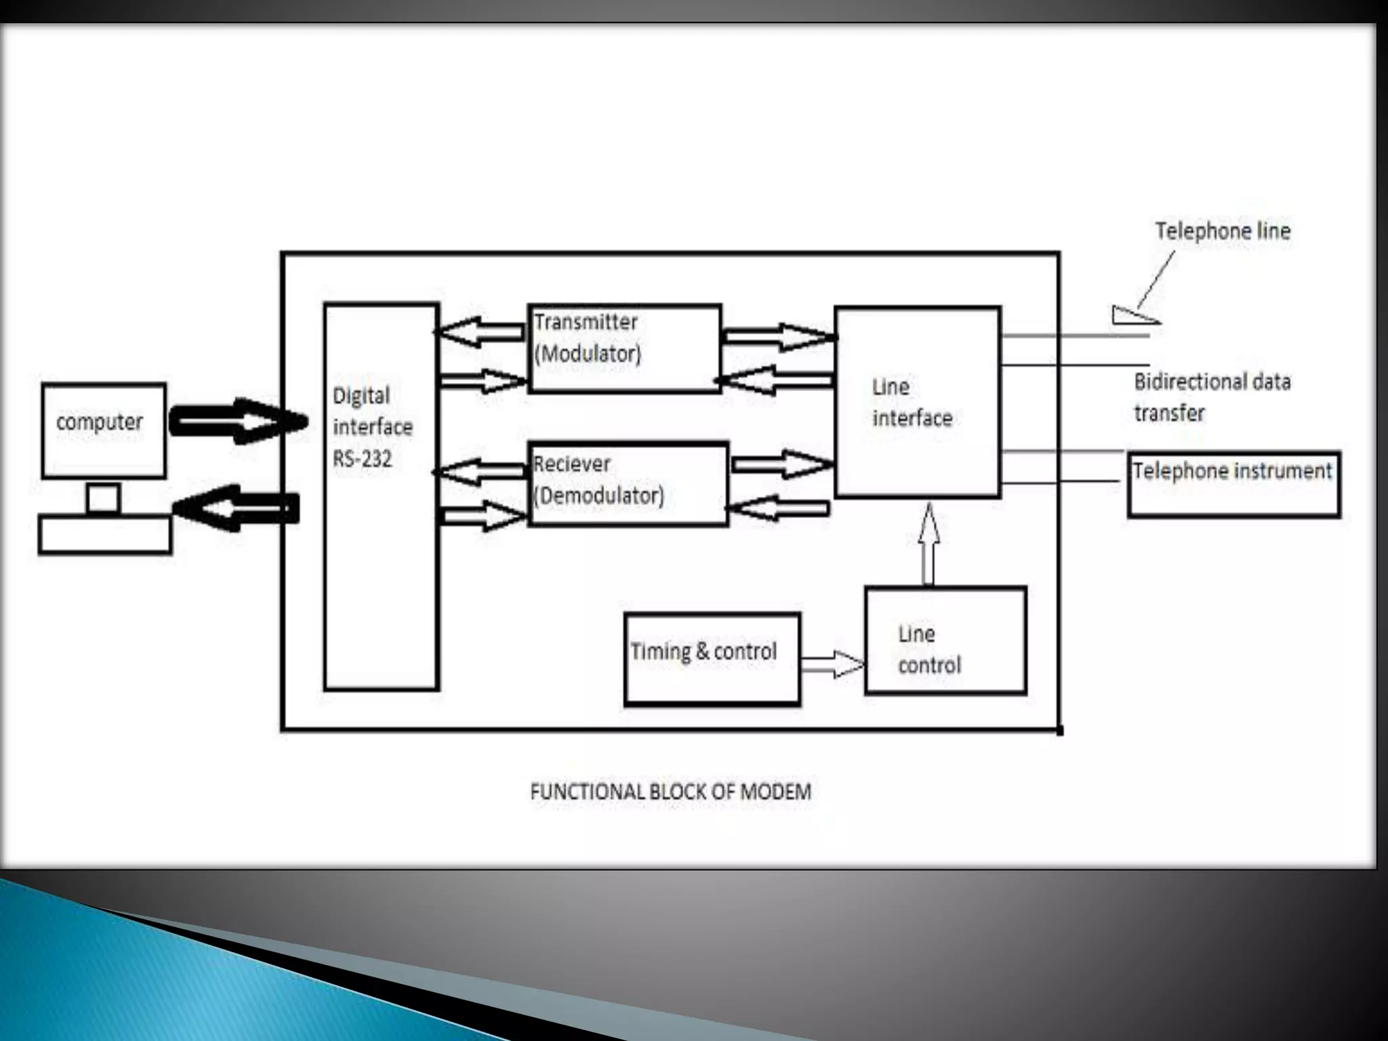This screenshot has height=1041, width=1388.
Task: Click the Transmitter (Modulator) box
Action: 624,348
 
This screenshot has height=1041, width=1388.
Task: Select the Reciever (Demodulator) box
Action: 628,484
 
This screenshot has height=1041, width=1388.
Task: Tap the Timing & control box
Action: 712,659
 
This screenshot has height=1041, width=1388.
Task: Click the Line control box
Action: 945,641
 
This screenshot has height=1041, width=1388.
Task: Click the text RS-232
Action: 362,460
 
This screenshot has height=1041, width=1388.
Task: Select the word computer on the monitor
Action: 100,422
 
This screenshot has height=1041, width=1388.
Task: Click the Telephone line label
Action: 1223,231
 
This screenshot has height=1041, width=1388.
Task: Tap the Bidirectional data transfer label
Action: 1212,397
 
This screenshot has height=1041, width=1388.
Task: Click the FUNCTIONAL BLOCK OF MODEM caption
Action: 670,792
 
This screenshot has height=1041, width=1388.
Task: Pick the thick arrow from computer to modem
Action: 237,422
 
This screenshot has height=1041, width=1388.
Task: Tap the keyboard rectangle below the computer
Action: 105,535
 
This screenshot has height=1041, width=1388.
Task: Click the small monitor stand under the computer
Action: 104,499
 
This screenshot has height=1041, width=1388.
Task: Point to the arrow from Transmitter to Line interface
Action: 778,336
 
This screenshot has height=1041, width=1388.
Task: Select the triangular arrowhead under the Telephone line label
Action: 1133,316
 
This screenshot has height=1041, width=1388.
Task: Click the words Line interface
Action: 912,403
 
